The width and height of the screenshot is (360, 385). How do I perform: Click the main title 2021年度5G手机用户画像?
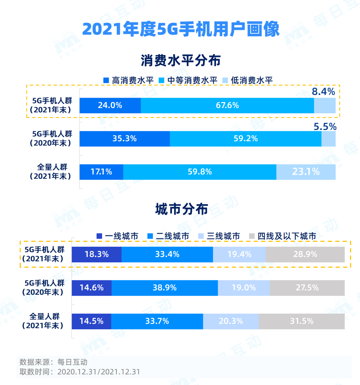click(x=180, y=29)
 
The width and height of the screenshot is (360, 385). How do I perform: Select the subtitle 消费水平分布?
click(x=180, y=61)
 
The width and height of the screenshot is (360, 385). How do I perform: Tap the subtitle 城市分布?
click(x=181, y=209)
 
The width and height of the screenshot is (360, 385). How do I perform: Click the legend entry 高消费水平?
click(x=128, y=80)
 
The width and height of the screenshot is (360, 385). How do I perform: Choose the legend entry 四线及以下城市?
click(x=283, y=236)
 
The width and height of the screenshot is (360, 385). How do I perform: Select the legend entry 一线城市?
click(x=117, y=236)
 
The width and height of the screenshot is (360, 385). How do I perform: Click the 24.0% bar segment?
click(x=110, y=105)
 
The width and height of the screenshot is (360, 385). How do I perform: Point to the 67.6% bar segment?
click(x=227, y=105)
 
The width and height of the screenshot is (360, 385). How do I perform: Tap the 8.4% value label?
click(x=323, y=92)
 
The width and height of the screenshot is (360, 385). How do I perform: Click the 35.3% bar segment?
click(x=124, y=139)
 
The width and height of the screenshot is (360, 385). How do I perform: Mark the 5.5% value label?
click(x=325, y=127)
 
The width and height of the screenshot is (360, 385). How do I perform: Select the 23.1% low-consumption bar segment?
click(x=306, y=172)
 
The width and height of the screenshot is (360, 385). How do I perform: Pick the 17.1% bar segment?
click(x=101, y=172)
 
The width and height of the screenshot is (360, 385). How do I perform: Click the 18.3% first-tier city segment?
click(x=97, y=254)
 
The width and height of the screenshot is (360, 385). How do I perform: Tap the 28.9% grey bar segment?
click(x=305, y=254)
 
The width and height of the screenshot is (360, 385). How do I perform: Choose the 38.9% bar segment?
click(x=165, y=288)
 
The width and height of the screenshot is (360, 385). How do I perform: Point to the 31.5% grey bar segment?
click(x=301, y=321)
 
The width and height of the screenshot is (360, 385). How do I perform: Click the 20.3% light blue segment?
click(x=231, y=321)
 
